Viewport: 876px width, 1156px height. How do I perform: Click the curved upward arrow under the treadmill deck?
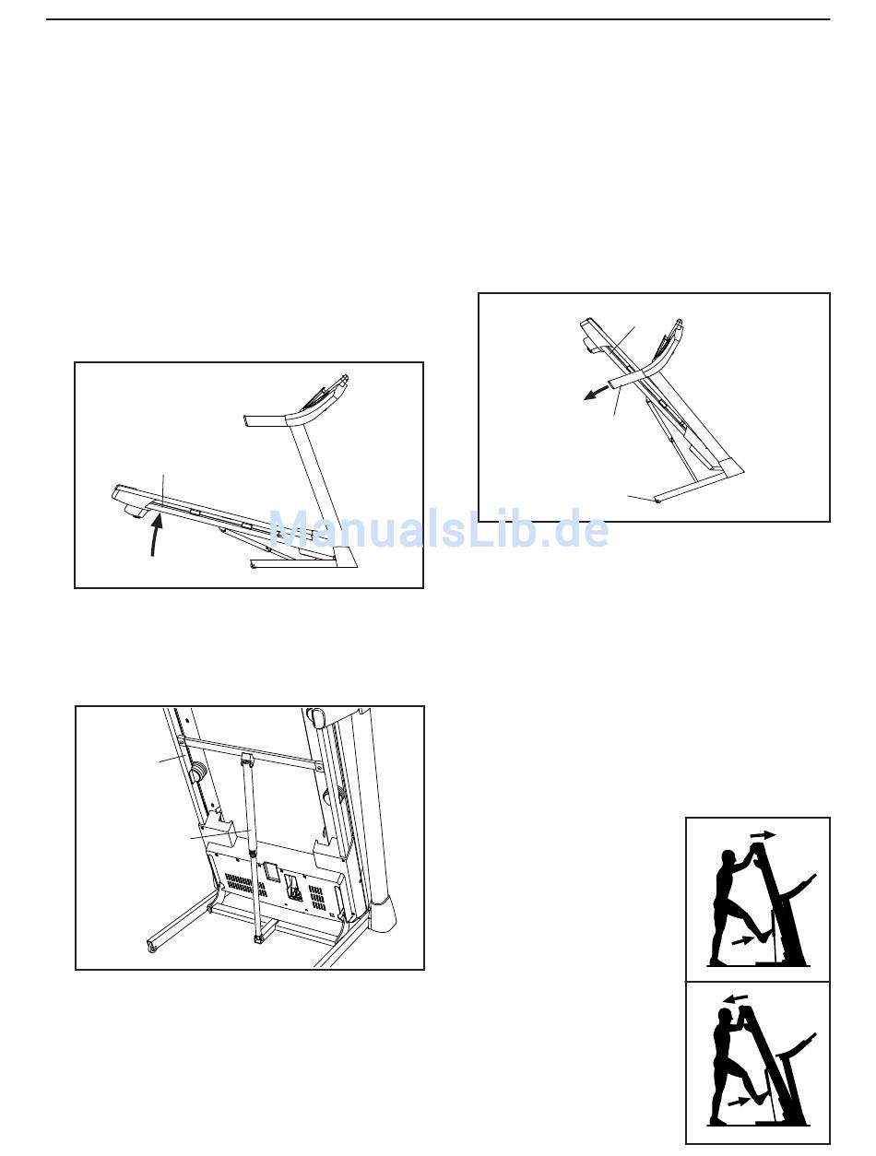tap(155, 536)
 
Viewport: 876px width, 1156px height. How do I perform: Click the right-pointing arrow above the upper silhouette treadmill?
tap(764, 835)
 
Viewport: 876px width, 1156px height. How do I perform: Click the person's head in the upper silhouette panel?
tap(728, 858)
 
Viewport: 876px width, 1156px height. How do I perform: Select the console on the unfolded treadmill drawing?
tap(323, 394)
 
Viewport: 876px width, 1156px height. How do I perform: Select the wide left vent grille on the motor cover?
tap(245, 886)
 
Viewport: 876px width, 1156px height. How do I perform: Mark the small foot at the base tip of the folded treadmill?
tap(657, 501)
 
